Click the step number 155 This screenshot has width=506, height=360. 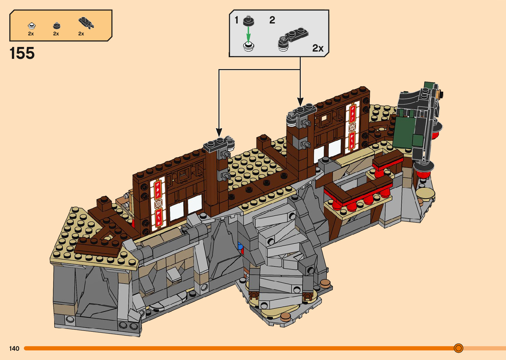click(x=22, y=53)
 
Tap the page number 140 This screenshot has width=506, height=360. click(x=14, y=348)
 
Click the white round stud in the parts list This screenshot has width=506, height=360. click(x=32, y=26)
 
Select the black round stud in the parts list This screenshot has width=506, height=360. click(x=57, y=25)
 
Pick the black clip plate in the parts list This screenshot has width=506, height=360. click(x=86, y=23)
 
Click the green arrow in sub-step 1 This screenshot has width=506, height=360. click(x=249, y=34)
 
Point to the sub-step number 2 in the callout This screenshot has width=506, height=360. click(x=272, y=20)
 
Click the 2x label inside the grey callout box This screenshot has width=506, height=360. click(x=318, y=48)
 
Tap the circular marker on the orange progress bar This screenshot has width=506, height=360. click(x=458, y=348)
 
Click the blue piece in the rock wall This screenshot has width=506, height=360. click(x=240, y=246)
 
